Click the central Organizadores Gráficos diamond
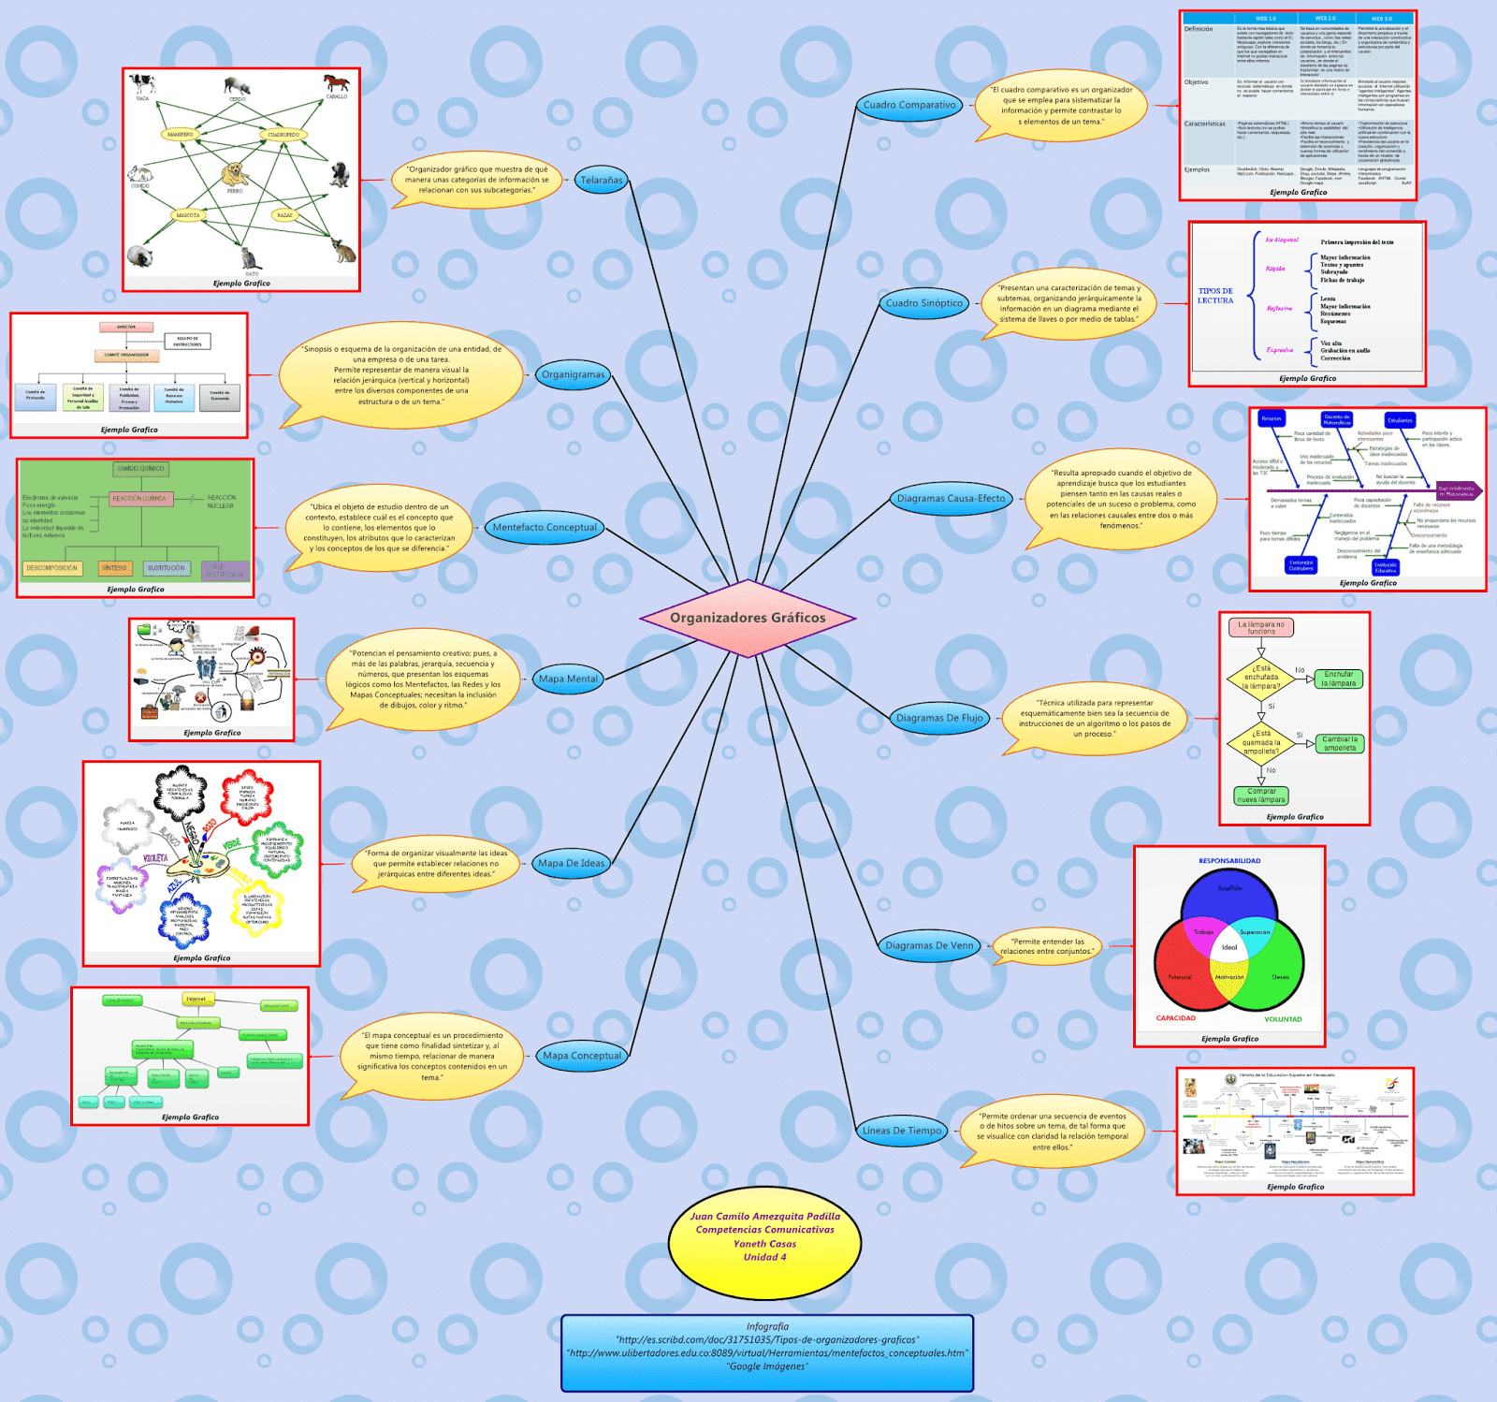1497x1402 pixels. coord(748,618)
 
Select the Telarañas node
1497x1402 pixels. coord(601,180)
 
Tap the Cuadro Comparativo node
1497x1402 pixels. coord(909,106)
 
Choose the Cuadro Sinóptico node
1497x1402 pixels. coord(923,303)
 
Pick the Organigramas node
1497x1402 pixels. coord(574,374)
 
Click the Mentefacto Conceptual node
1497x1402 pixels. coord(545,527)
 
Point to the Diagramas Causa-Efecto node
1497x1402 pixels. coord(951,499)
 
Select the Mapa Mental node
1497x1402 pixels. coord(568,679)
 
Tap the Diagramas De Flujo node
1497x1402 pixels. coord(939,718)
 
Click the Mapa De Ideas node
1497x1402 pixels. coord(572,863)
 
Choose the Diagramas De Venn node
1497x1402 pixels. coord(929,945)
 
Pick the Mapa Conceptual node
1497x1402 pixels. coord(582,1056)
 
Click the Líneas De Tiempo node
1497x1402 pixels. coord(902,1131)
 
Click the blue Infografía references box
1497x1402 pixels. coord(767,1352)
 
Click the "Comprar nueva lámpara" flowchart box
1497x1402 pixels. coord(1261,796)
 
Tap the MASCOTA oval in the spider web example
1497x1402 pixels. coord(188,215)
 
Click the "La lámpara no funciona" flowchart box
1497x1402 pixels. coord(1261,628)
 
